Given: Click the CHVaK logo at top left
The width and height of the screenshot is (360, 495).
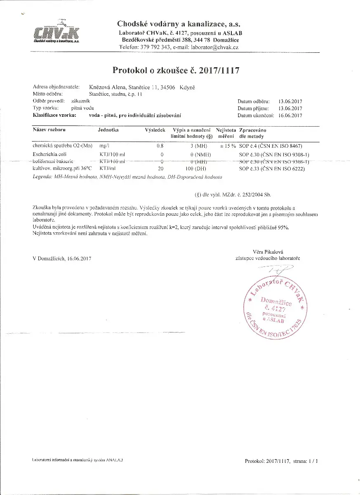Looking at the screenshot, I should pos(57,32).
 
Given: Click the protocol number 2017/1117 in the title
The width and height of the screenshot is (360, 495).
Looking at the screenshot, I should pos(219,71).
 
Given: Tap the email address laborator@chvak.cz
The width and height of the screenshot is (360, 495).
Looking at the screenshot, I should pos(215,47).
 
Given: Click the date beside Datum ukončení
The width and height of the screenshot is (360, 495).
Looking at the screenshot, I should pos(291,115).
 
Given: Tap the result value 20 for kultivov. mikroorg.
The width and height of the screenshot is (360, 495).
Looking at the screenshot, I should pos(161,169).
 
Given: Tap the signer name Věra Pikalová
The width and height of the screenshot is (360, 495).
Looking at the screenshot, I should pos(268,252).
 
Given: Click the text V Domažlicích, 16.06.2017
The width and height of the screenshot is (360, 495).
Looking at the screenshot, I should pos(62,259).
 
